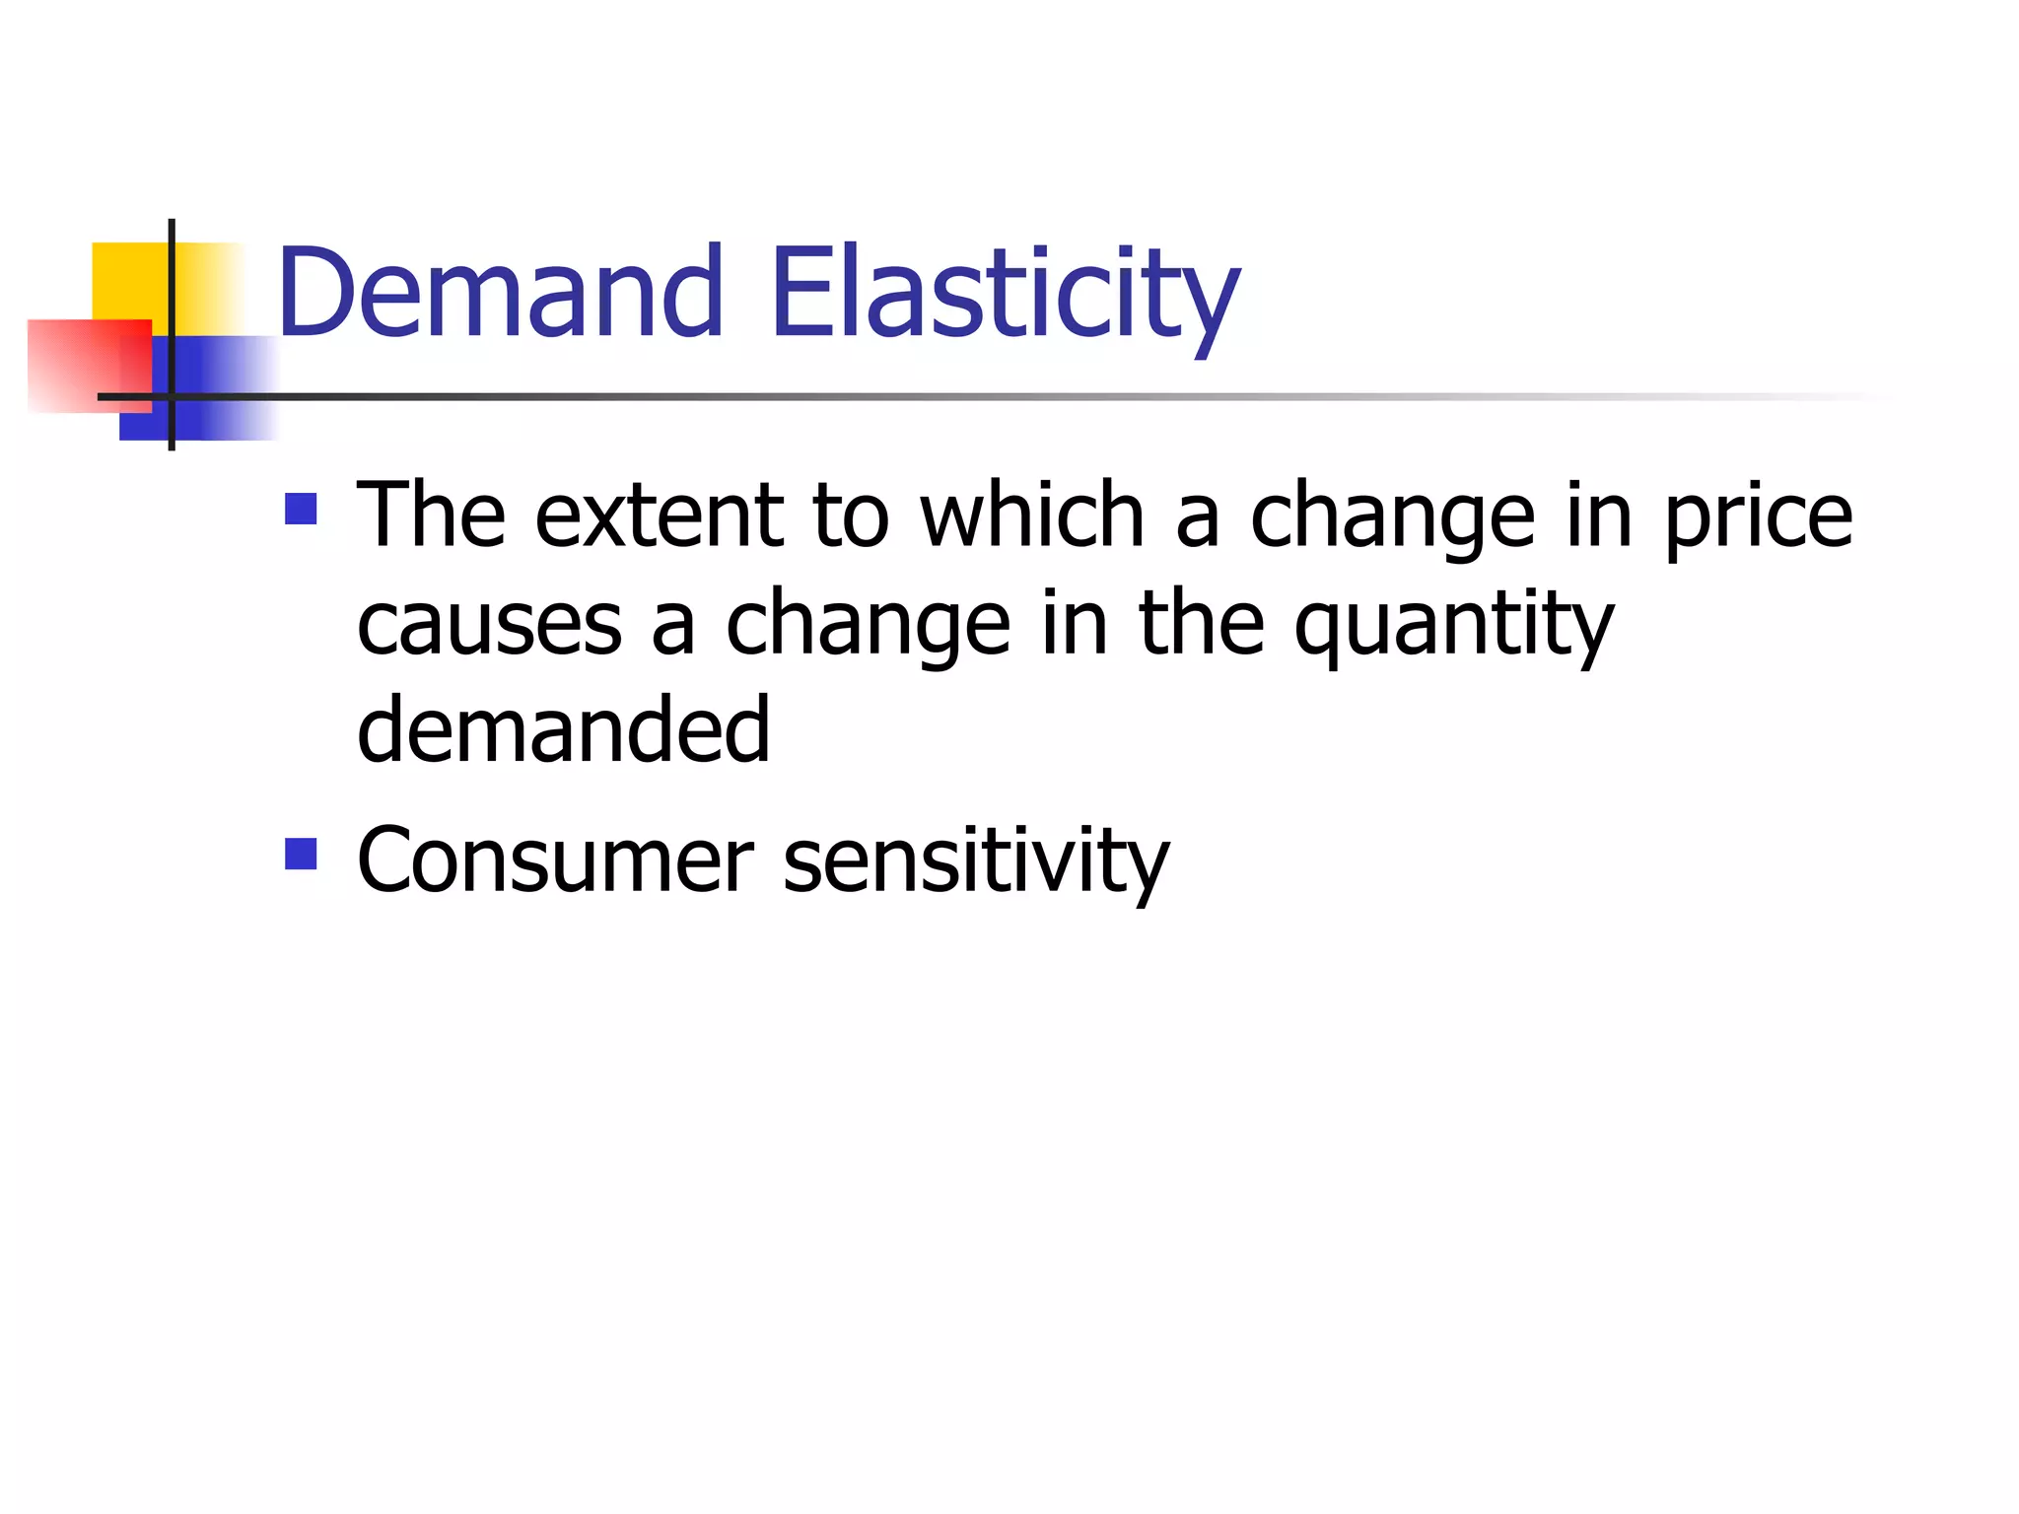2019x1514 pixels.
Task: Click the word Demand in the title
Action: [500, 292]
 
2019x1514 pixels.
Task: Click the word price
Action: [1758, 516]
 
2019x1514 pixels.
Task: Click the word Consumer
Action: [555, 860]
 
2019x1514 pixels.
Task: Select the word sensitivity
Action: [975, 860]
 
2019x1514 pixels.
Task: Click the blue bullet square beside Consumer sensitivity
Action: [301, 854]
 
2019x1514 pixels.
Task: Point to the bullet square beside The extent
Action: [301, 509]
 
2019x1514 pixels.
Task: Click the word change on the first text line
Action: [1392, 516]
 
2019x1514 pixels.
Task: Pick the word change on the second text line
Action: [868, 626]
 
